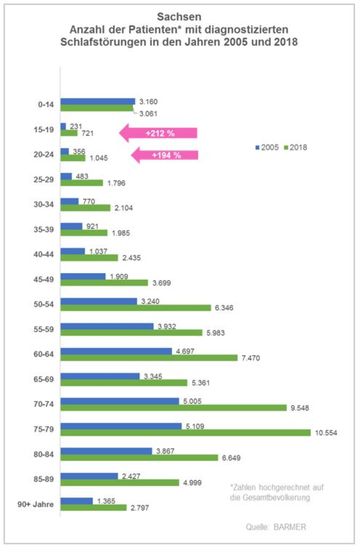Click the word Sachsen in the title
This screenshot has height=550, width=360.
tap(179, 17)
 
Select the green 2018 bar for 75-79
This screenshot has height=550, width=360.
tap(185, 433)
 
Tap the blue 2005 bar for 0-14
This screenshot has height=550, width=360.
tap(98, 102)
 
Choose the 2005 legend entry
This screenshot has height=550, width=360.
tap(267, 147)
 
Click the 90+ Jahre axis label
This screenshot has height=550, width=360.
tap(35, 504)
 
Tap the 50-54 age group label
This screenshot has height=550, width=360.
tap(43, 304)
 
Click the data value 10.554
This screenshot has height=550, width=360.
tap(326, 433)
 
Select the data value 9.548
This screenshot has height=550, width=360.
tap(300, 408)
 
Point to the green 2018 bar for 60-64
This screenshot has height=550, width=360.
tap(149, 358)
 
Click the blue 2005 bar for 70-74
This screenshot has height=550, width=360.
tap(120, 401)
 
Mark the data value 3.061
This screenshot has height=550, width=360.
tap(148, 114)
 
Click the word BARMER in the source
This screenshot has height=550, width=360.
tap(290, 527)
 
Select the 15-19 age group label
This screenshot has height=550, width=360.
tap(43, 129)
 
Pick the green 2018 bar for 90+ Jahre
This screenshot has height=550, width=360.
tap(93, 508)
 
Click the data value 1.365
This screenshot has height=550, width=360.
tap(106, 501)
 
